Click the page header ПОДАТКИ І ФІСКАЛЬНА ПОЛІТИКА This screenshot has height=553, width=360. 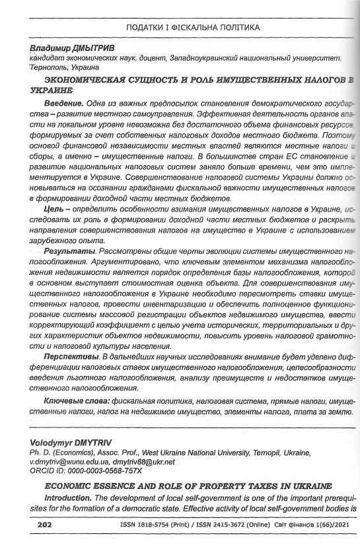(192, 27)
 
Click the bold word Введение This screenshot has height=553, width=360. (63, 104)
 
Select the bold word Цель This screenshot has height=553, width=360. (55, 209)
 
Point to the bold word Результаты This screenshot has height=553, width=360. (69, 252)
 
